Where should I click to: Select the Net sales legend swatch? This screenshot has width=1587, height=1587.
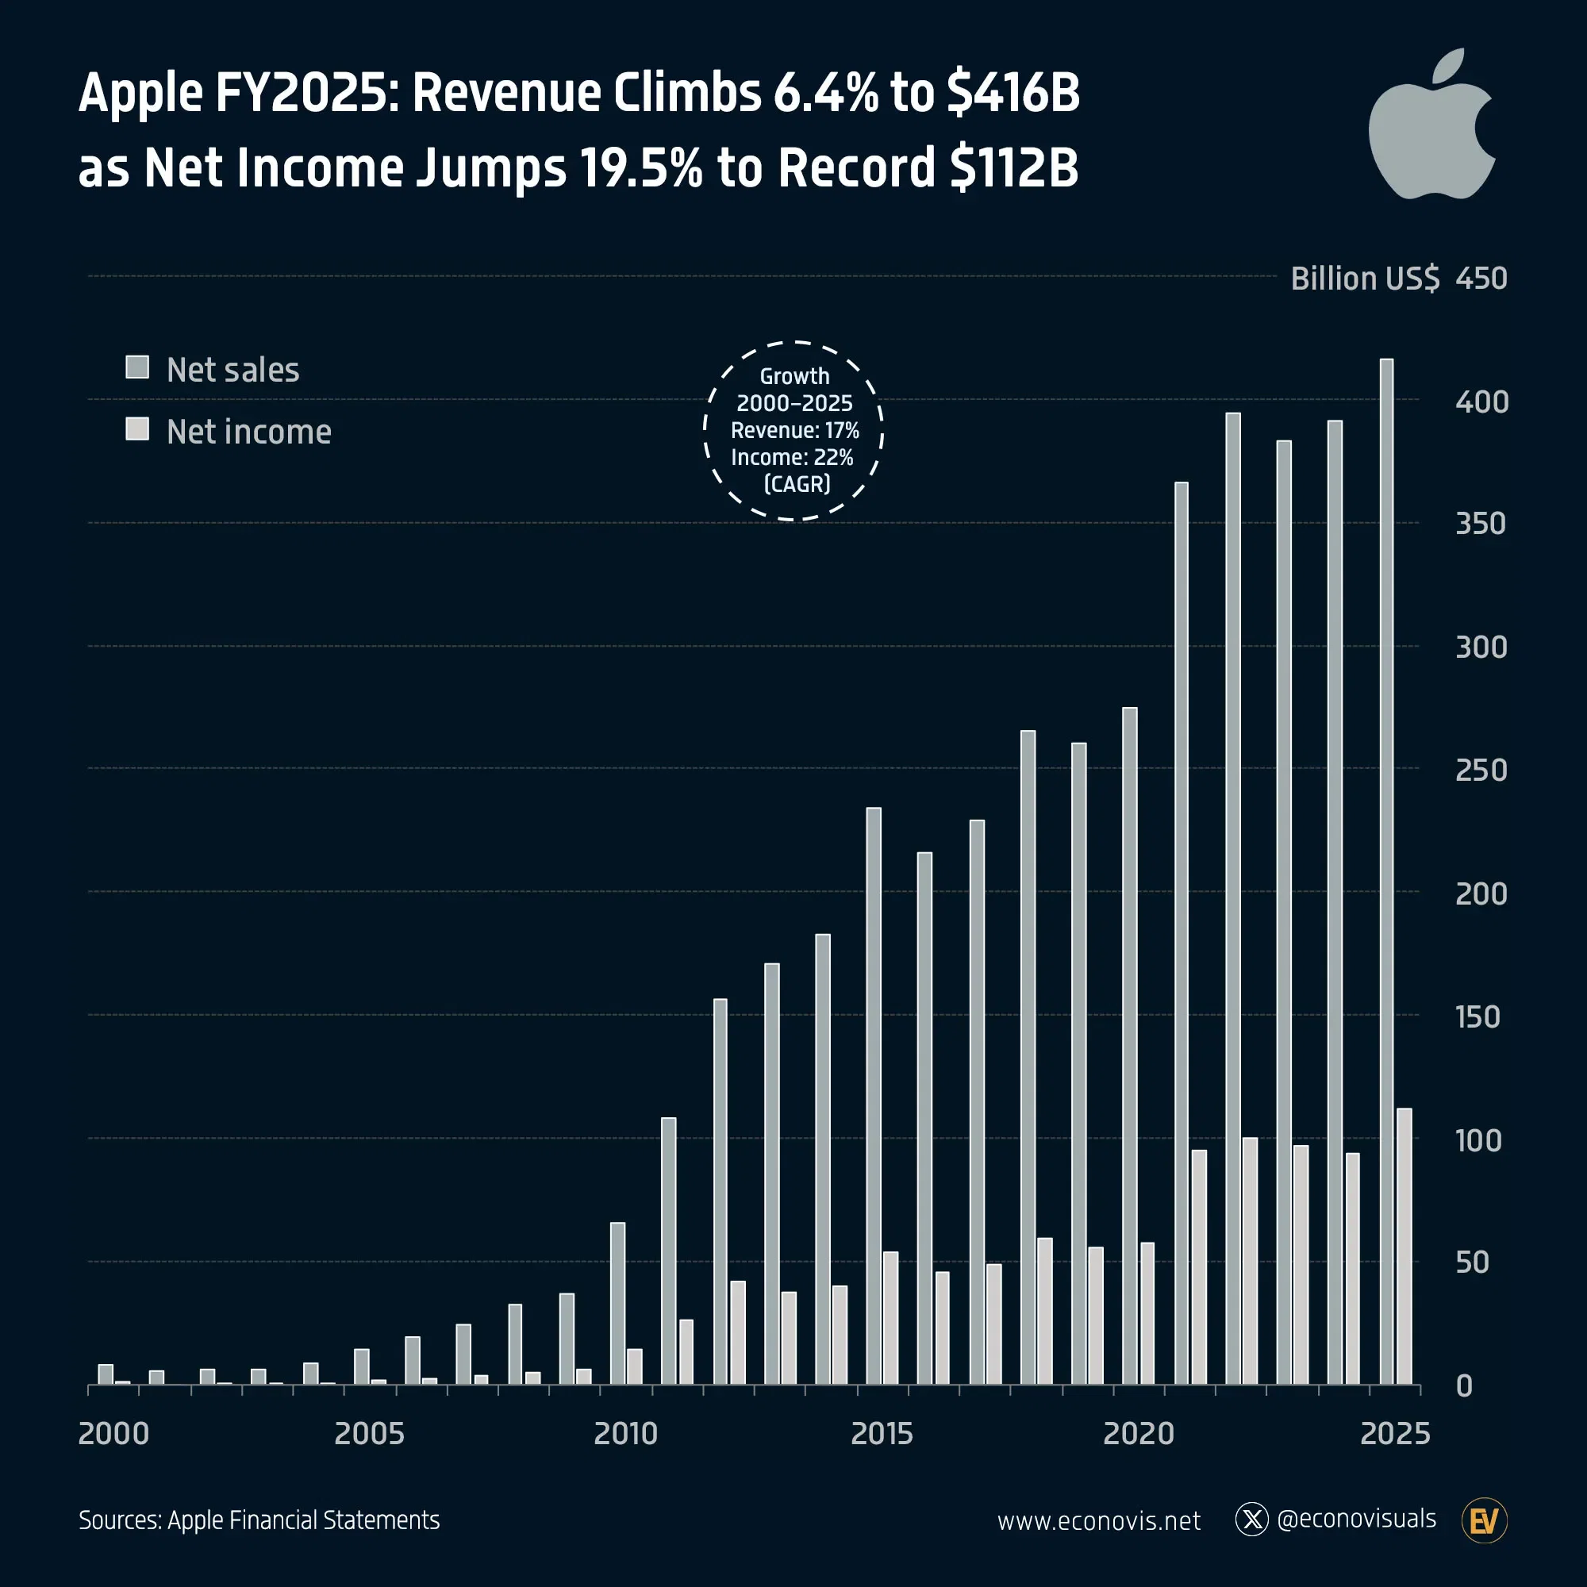(x=137, y=367)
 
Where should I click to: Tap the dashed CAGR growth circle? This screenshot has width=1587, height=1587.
(x=793, y=430)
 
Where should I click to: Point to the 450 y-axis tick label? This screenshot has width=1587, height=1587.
(x=1481, y=279)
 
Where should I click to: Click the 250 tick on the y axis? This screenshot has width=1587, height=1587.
(x=1481, y=770)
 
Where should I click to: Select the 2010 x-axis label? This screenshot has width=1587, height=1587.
(x=625, y=1433)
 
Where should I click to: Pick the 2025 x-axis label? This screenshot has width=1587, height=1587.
(x=1395, y=1433)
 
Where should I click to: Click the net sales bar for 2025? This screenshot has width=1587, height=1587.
(x=1386, y=870)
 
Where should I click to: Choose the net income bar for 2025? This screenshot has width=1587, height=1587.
(x=1404, y=1246)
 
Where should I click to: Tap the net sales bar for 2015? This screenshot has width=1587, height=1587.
(x=874, y=1096)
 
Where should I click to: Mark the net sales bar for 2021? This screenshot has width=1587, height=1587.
(x=1182, y=933)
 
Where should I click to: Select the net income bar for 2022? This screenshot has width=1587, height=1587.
(x=1250, y=1261)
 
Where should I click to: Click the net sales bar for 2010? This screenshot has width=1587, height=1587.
(x=617, y=1303)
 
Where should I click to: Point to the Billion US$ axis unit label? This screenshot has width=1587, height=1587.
(x=1364, y=279)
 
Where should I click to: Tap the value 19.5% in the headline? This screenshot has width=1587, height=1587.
(x=640, y=167)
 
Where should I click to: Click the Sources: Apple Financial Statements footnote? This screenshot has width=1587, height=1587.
(x=259, y=1520)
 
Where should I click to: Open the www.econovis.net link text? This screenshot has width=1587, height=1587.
(x=1098, y=1520)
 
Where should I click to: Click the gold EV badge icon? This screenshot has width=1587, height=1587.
(x=1485, y=1520)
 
